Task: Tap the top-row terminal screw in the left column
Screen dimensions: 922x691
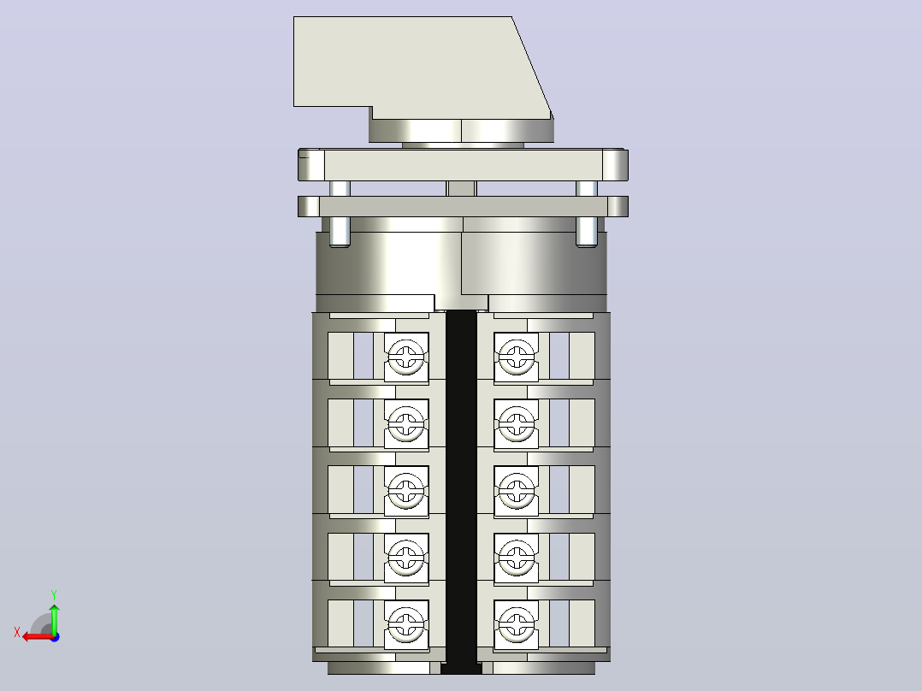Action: click(x=406, y=357)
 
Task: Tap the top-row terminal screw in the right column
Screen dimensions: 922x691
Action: click(x=517, y=357)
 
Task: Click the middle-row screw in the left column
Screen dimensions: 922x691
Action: click(x=406, y=491)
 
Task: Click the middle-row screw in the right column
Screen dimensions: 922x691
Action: click(x=517, y=491)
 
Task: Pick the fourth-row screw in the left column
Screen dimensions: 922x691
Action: click(x=406, y=558)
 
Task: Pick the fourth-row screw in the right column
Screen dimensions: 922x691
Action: click(x=517, y=558)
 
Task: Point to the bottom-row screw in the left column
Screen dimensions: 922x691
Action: click(x=406, y=624)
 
